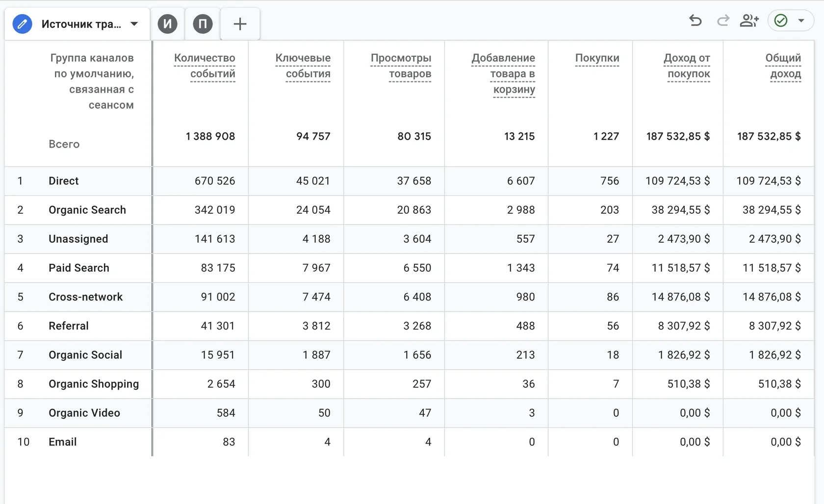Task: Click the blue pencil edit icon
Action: [22, 24]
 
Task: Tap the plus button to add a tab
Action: [240, 24]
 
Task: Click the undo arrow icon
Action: [695, 21]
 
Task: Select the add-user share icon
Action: [749, 21]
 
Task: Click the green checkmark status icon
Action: [781, 21]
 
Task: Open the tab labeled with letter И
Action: [167, 24]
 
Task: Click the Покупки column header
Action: [597, 58]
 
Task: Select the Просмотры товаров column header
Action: [401, 65]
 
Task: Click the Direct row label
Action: [64, 181]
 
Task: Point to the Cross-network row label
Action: [85, 297]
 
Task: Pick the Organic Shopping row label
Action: [94, 384]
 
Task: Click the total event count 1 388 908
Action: [210, 136]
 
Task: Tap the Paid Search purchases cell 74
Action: [613, 268]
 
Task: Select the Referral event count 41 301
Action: [218, 326]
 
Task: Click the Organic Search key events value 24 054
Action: [313, 210]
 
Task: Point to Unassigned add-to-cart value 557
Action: [525, 239]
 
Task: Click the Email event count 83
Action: [229, 442]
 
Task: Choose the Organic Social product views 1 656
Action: [417, 355]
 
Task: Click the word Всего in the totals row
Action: [64, 144]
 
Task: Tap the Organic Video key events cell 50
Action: [324, 413]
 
